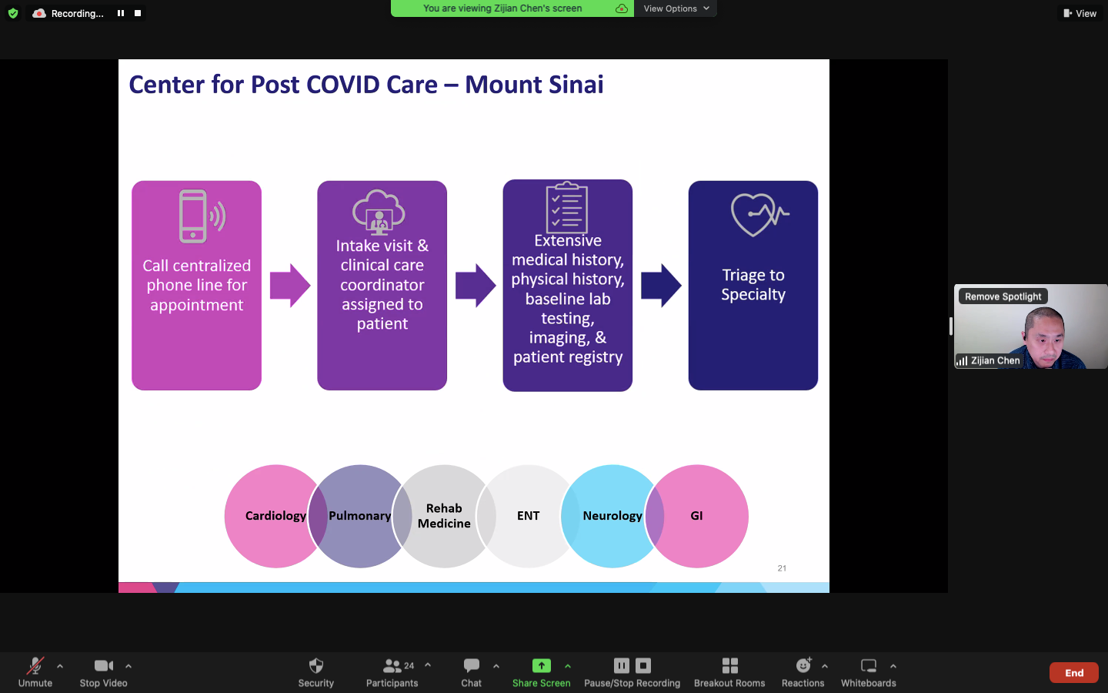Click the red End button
(1073, 673)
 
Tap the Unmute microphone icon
(35, 666)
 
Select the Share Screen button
(542, 666)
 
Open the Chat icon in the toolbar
(472, 666)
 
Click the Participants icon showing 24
(393, 666)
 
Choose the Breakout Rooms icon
(729, 666)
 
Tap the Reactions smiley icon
(803, 666)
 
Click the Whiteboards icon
(868, 666)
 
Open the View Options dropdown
(676, 8)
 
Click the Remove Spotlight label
(1003, 296)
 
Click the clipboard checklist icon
(567, 208)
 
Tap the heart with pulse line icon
(759, 214)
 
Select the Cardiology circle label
(275, 516)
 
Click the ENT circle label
(528, 516)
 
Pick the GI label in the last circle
(696, 516)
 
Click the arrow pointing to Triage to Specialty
(661, 286)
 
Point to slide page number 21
(782, 568)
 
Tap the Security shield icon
(315, 666)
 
